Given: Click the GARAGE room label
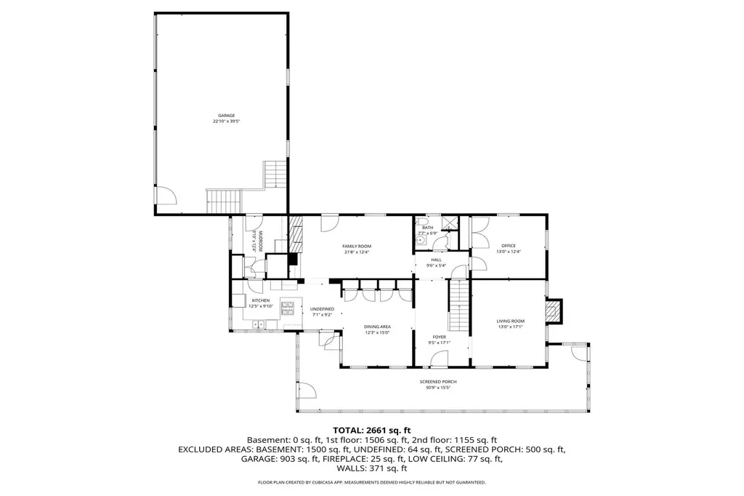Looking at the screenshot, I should (x=227, y=115).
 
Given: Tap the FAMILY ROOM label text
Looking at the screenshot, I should (x=357, y=247).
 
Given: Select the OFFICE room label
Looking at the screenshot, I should (x=508, y=246).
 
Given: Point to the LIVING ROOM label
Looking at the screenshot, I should (x=510, y=321).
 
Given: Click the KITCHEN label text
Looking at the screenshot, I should (x=260, y=300).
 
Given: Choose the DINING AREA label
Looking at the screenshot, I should (x=377, y=327).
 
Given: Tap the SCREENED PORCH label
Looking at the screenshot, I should (x=437, y=382).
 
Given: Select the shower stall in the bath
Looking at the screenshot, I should (x=450, y=222).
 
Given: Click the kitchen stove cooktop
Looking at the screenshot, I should (x=288, y=305).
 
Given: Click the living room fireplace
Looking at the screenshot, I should (x=554, y=311).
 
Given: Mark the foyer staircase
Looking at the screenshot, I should (x=458, y=305).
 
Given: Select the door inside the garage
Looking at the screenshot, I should (x=166, y=195).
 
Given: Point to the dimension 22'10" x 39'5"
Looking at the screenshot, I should (x=227, y=121).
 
